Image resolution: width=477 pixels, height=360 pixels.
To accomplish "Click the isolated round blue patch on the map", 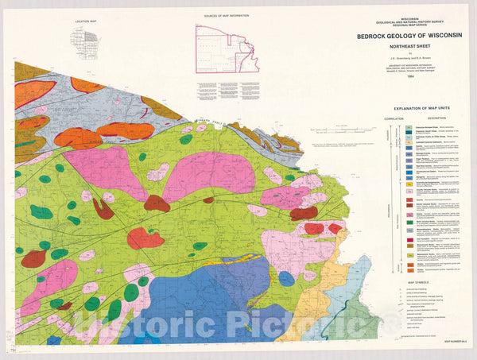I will [287, 278].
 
